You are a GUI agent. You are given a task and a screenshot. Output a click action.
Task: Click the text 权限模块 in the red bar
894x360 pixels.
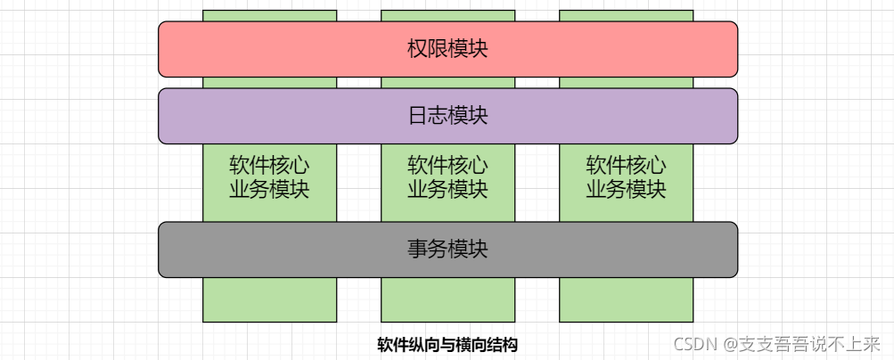coord(447,49)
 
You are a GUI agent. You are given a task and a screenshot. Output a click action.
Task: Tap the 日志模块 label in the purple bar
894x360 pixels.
coord(447,116)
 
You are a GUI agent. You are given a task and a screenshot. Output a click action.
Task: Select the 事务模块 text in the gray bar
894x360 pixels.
coord(447,250)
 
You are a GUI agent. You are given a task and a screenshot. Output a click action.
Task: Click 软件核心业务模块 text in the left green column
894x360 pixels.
coord(269,177)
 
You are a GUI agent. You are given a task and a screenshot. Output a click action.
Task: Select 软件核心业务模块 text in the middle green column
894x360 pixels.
coord(447,177)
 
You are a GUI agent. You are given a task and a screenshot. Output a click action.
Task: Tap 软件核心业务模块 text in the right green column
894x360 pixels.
coord(626,177)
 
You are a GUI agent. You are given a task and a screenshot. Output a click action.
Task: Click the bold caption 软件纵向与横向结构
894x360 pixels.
coord(447,345)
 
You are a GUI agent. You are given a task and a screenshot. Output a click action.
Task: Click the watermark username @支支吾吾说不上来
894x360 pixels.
coord(801,344)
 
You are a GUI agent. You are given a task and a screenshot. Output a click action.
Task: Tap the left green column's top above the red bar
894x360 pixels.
coord(269,15)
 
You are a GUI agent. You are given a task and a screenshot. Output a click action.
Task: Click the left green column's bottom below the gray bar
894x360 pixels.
coord(269,299)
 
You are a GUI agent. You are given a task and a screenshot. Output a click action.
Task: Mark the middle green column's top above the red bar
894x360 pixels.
coord(447,15)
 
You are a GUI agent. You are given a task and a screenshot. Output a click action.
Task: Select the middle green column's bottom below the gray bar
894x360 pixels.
coord(447,299)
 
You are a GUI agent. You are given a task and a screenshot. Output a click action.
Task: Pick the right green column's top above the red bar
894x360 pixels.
coord(626,15)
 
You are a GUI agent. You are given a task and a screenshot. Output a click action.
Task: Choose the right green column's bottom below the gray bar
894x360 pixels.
coord(626,299)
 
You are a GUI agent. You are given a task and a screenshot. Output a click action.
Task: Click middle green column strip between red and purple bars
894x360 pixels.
coord(447,83)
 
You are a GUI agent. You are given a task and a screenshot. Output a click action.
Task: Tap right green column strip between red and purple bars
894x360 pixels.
coord(626,83)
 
